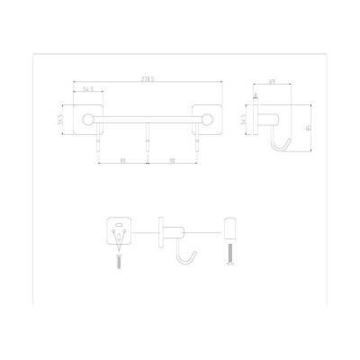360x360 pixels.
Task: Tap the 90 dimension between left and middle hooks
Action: point(122,161)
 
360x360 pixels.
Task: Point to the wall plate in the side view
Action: point(256,121)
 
